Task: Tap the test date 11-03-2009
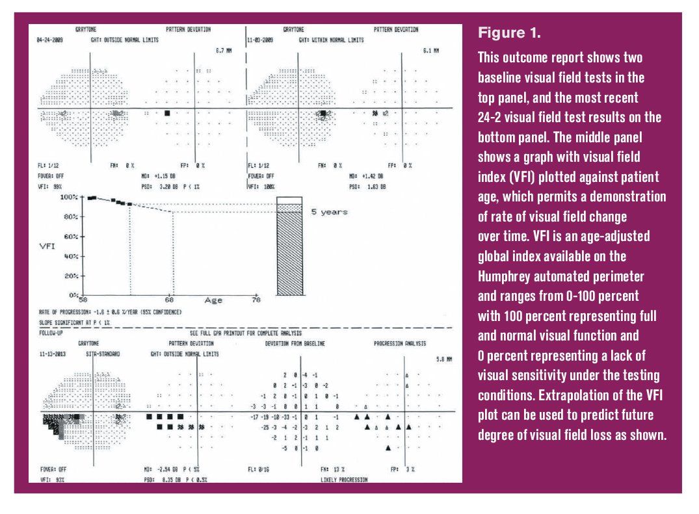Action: (x=259, y=40)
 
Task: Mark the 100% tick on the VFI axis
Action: (x=70, y=197)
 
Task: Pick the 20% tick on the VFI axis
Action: (x=71, y=276)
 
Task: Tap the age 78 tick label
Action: (x=256, y=300)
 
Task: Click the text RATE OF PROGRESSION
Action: (x=62, y=312)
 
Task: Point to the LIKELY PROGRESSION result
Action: (x=344, y=480)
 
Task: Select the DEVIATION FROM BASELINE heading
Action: (x=295, y=343)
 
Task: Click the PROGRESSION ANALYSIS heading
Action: (x=399, y=343)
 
